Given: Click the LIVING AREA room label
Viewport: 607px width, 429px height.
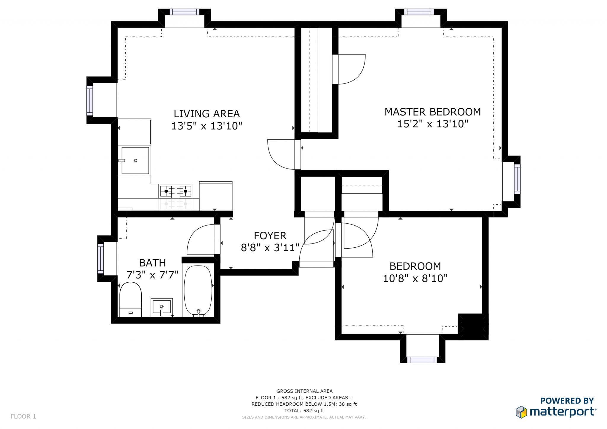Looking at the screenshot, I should coord(207,114).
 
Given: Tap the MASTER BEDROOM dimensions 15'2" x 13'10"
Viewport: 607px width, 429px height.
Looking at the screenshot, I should coord(432,124).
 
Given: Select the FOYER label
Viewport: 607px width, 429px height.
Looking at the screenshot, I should coord(270,236).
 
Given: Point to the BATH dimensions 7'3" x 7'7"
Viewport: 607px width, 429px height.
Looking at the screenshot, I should coord(152,275).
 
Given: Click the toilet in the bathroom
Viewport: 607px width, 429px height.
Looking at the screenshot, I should coord(130,299).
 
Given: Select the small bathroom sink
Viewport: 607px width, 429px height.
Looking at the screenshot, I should coord(162,306).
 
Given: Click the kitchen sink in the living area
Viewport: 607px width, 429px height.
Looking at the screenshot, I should coord(135,160).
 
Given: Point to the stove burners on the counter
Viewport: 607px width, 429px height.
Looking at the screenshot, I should coord(176,191).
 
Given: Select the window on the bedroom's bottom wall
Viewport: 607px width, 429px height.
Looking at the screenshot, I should coord(422,360).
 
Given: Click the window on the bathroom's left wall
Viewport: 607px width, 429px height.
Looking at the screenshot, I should coord(101,258).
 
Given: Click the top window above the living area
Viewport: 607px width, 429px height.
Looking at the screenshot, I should coord(184,12).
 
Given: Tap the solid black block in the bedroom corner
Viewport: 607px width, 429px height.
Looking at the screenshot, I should coord(473,326).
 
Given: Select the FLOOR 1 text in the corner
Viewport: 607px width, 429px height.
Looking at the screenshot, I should coord(23,417).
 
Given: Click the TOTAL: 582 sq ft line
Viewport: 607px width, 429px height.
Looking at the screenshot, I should coord(304,411).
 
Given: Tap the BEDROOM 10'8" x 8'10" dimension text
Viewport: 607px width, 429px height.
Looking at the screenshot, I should coord(415,279).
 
